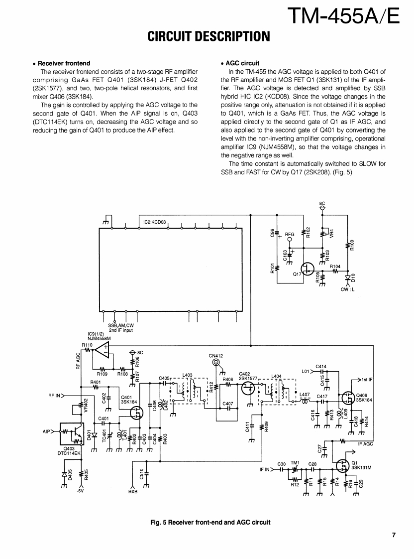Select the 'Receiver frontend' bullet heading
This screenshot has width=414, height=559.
pos(64,63)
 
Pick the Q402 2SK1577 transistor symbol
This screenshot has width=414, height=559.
pos(248,389)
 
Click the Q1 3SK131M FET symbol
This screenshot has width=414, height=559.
pos(342,466)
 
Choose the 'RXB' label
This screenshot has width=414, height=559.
pos(132,492)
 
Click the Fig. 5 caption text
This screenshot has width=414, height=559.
pos(210,522)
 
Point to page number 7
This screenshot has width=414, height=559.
pos(393,535)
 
